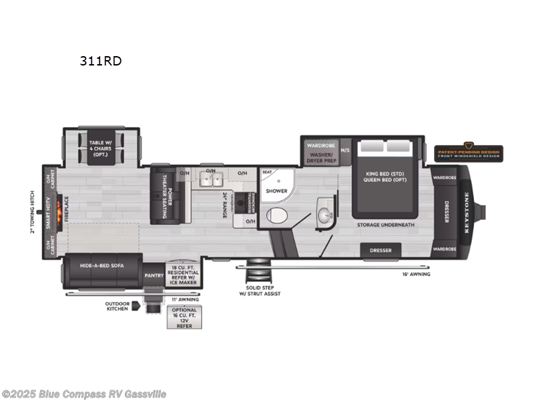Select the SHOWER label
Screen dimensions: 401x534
(x=276, y=191)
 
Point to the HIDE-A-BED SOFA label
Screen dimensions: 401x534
(x=104, y=266)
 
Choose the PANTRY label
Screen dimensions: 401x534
(x=154, y=274)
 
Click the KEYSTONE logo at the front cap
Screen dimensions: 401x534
(x=467, y=213)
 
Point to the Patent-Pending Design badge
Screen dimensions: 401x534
(x=468, y=153)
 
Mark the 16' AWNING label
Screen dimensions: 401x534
(x=416, y=274)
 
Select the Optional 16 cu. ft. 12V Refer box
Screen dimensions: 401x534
(x=184, y=317)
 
